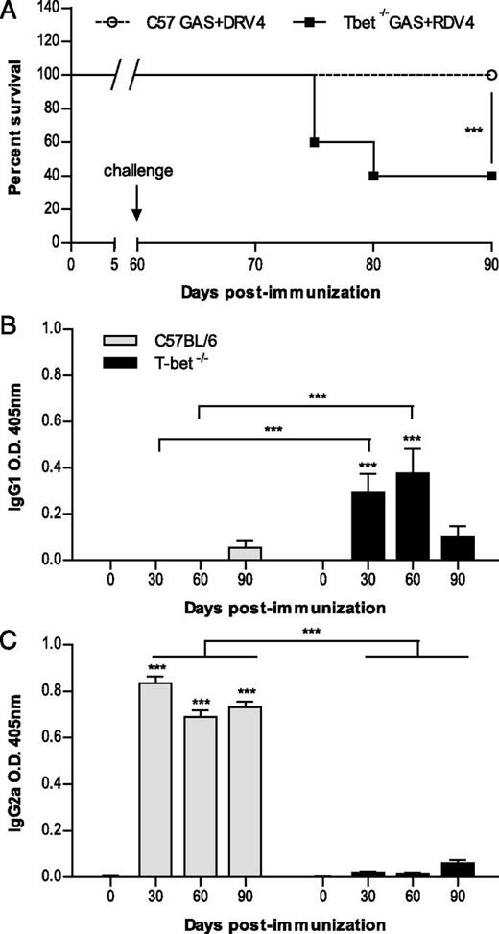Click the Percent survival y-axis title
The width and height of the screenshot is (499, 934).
[x=16, y=125]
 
